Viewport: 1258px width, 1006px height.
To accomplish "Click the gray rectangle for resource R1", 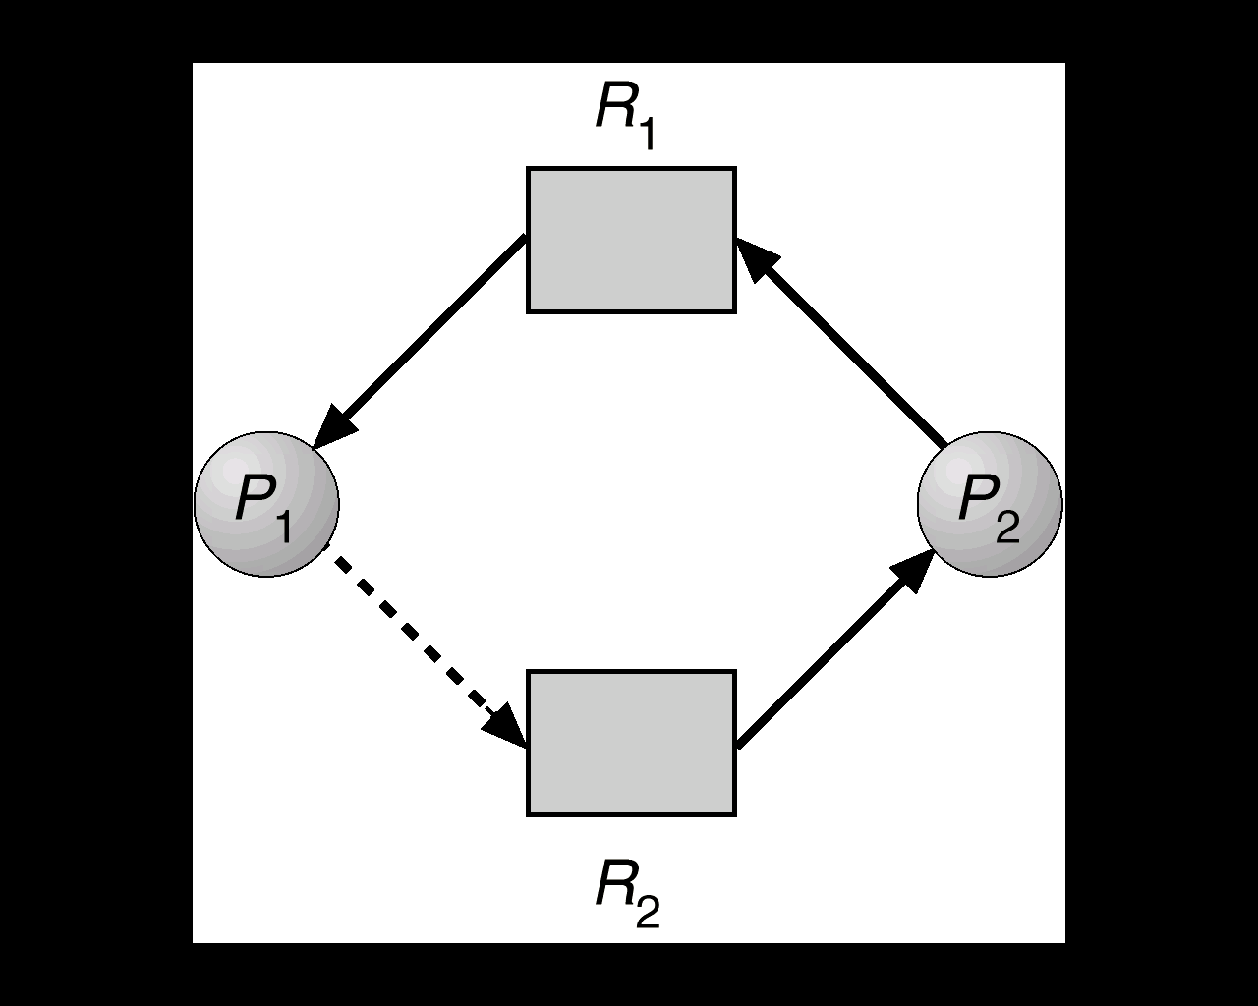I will pyautogui.click(x=631, y=240).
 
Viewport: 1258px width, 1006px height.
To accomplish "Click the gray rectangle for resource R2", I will pyautogui.click(x=631, y=743).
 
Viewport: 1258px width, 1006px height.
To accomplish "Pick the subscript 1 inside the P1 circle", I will pyautogui.click(x=282, y=527).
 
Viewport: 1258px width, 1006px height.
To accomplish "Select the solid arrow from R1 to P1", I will pyautogui.click(x=423, y=339).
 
